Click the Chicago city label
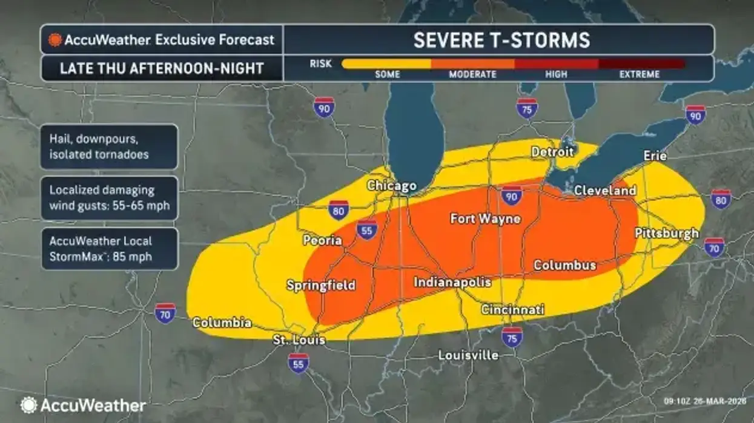tap(392, 186)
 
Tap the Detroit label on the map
tap(552, 152)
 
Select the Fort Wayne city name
tap(485, 218)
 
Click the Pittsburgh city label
tap(666, 234)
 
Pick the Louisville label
tap(468, 355)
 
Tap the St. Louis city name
tap(299, 339)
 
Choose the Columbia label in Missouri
tap(222, 323)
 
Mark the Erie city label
tap(655, 156)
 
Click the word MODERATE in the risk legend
tap(472, 74)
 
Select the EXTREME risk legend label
tap(639, 74)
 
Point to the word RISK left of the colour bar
tap(321, 63)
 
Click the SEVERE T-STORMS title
tap(501, 40)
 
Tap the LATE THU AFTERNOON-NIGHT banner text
tap(162, 68)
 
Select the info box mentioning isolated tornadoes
tap(109, 147)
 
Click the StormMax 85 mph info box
tap(109, 249)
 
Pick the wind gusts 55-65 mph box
tap(109, 198)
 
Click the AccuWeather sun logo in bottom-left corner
tap(28, 405)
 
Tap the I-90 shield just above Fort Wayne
tap(512, 196)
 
